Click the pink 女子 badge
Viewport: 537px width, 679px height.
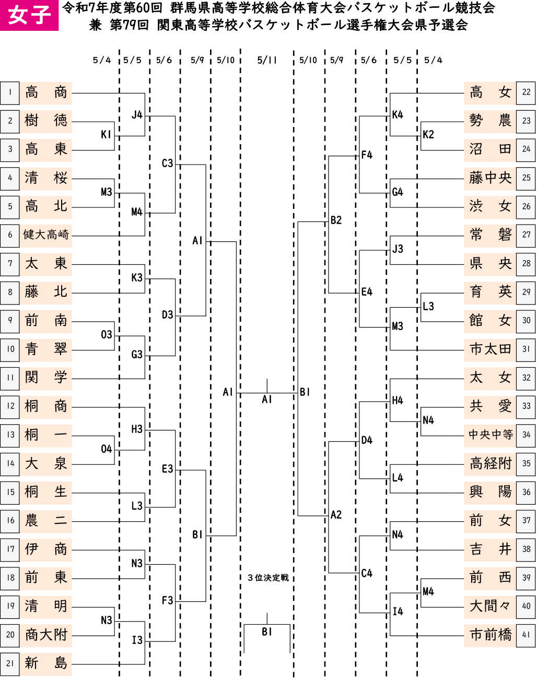(29, 15)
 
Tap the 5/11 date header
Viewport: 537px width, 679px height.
(267, 60)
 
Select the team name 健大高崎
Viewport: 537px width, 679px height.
(46, 235)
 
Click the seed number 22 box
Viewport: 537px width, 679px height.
(526, 93)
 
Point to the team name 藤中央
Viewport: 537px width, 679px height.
(490, 178)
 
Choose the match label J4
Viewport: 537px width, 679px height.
(137, 115)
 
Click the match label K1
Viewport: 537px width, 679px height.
(107, 135)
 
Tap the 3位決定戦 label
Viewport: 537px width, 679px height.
(268, 578)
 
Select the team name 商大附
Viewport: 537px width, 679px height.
(46, 635)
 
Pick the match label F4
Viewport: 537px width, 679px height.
(367, 155)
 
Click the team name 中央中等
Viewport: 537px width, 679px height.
(491, 435)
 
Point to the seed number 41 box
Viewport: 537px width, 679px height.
(526, 635)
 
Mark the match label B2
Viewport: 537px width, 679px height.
(336, 220)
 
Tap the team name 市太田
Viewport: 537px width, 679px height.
(491, 349)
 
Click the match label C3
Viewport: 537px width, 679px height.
(168, 163)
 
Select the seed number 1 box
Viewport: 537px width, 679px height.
(10, 93)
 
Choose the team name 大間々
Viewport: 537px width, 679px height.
(491, 606)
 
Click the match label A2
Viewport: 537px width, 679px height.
(336, 515)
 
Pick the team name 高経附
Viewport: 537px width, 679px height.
(491, 463)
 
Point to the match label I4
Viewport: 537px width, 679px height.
(398, 612)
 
